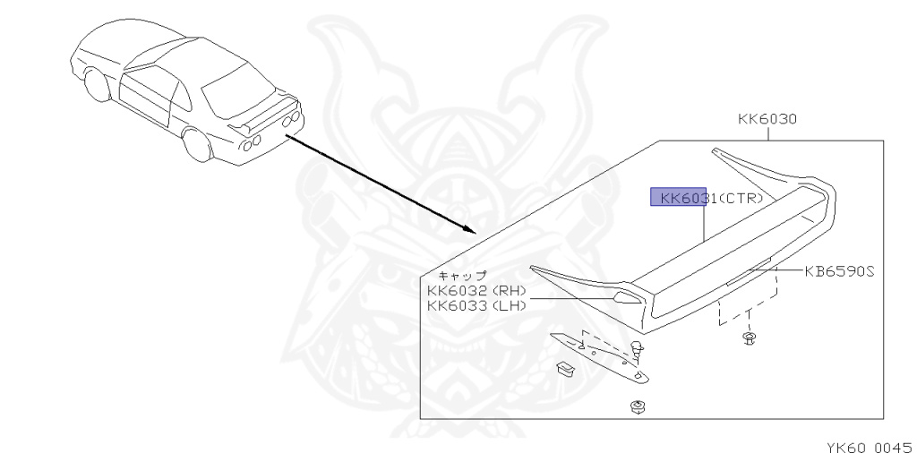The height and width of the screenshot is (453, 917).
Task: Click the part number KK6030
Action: pyautogui.click(x=767, y=119)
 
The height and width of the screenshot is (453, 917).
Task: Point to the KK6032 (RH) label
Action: pyautogui.click(x=476, y=290)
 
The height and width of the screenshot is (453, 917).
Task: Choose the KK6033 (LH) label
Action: pyautogui.click(x=476, y=305)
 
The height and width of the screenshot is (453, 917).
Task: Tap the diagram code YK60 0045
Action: pyautogui.click(x=868, y=443)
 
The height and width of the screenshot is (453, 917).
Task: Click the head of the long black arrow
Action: pyautogui.click(x=467, y=229)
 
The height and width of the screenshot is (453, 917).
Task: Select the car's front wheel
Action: pyautogui.click(x=97, y=87)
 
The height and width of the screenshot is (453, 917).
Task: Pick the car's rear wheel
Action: pyautogui.click(x=196, y=143)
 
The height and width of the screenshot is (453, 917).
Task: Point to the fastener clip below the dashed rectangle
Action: pyautogui.click(x=748, y=338)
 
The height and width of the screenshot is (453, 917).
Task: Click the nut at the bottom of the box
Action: pyautogui.click(x=638, y=407)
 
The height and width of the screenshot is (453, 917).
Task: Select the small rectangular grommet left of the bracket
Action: pyautogui.click(x=563, y=367)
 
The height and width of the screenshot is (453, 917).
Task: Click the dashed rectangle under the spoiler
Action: pyautogui.click(x=747, y=296)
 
